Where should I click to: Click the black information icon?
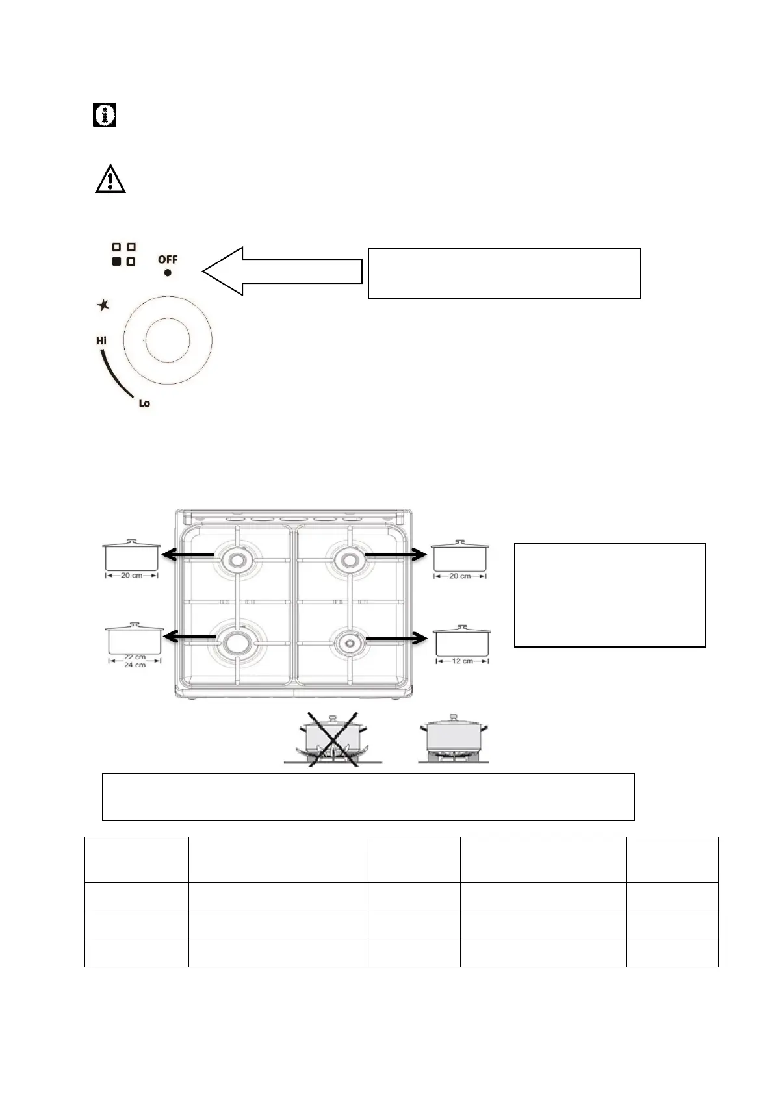(x=104, y=115)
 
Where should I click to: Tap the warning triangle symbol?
(x=110, y=178)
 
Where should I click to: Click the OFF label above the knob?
(x=168, y=259)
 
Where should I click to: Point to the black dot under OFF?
(x=168, y=273)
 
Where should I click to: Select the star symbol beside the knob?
(x=103, y=305)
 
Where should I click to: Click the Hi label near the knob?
(x=101, y=340)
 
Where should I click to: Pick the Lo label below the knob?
(x=144, y=403)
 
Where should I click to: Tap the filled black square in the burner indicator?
(x=117, y=261)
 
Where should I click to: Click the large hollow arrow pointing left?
(x=283, y=271)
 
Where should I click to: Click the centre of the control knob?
(x=168, y=340)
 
